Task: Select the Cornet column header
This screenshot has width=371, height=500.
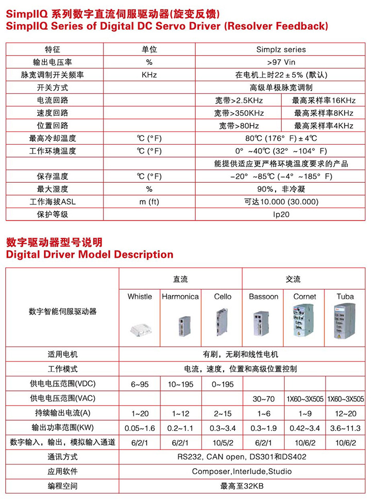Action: point(305,297)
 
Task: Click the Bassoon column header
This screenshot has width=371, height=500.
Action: point(263,297)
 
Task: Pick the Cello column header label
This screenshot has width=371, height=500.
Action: point(223,297)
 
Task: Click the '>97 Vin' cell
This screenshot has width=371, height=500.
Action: point(281,62)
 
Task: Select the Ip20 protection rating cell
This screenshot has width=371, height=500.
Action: point(281,214)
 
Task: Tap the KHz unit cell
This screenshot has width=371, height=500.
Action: point(149,75)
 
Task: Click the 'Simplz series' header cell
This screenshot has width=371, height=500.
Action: point(281,50)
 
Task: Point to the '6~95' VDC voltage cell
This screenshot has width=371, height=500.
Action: point(140,384)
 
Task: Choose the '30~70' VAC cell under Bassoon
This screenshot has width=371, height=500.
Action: point(263,399)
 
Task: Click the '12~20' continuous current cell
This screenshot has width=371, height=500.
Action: point(345,413)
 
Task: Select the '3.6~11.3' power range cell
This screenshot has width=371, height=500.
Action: point(345,428)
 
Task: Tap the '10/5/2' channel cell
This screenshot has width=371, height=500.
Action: point(222,442)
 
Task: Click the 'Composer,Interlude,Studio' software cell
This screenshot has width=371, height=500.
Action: point(242,471)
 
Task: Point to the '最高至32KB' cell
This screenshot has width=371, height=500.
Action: point(242,486)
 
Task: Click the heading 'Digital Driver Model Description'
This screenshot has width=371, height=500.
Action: point(90,254)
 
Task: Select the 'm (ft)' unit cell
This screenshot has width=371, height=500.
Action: point(149,201)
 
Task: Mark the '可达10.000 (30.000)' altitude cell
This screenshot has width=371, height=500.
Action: point(281,201)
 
